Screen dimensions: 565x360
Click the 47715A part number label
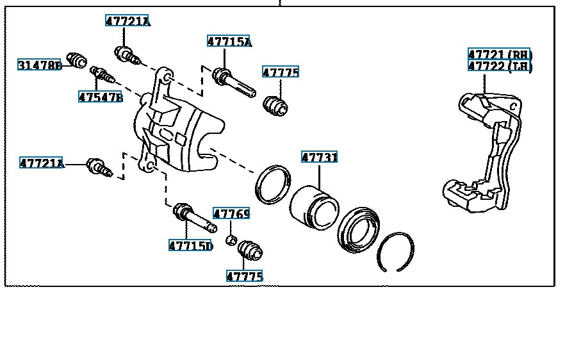[229, 42]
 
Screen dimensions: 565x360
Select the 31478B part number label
[40, 65]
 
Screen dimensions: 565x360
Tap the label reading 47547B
[101, 97]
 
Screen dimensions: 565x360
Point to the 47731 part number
[319, 157]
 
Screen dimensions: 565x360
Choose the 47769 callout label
[231, 214]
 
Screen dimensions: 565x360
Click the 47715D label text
[191, 246]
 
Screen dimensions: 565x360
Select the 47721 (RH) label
[500, 54]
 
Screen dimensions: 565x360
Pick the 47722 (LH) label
[500, 66]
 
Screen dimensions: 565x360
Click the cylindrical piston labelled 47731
[314, 207]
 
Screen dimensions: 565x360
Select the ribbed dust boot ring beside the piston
[358, 229]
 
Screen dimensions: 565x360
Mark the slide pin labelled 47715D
[195, 217]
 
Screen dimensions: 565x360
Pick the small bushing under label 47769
[231, 240]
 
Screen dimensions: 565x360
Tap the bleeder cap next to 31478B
[76, 60]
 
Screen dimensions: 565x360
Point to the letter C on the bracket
[514, 106]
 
